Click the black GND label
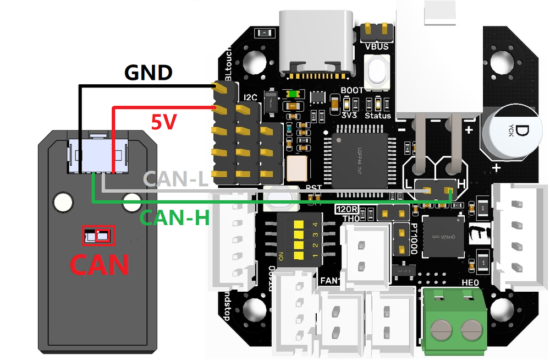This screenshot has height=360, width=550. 149,73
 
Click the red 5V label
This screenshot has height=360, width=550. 163,123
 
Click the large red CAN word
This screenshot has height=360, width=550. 98,264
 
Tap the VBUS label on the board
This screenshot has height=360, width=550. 377,47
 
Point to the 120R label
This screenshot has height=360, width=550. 346,209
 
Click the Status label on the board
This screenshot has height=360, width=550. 378,116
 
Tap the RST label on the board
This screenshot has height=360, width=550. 313,188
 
